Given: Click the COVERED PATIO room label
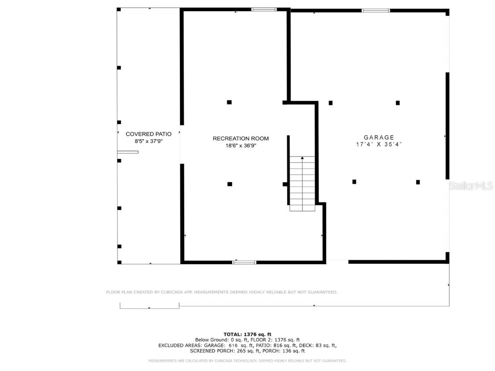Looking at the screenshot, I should point(148,134).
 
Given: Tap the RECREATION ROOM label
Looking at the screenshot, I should point(241,139).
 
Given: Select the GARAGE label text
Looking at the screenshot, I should point(379,137).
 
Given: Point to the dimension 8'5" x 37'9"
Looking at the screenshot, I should point(149,141).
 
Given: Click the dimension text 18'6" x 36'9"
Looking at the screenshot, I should point(241,145).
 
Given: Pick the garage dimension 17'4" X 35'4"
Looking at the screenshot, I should point(379,144).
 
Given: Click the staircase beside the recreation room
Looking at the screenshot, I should point(302,184).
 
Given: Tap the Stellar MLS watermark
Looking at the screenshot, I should point(471,185).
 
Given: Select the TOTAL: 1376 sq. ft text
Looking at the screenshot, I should point(247,334).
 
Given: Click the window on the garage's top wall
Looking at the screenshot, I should point(376,10).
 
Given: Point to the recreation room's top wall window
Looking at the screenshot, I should point(264,9).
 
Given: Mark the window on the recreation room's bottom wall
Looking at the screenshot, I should point(245,262).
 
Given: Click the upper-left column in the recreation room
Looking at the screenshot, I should point(229,102).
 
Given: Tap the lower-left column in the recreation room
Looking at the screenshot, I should point(230,184).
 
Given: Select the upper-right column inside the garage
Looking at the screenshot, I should point(397,102).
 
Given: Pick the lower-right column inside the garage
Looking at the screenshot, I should point(418,182).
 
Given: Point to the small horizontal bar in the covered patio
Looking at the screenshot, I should point(128,152).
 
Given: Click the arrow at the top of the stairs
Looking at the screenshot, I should point(302,157).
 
